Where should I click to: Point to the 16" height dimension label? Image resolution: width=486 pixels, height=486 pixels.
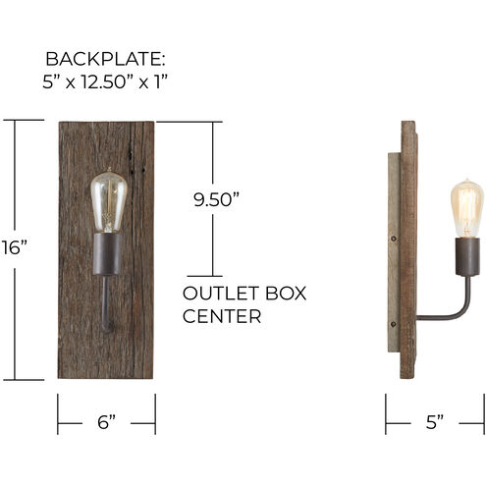14,247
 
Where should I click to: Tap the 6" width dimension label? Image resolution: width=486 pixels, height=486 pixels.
106,422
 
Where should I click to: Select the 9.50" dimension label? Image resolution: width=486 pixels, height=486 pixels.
216,199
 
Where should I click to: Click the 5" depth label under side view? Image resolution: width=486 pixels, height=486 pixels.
435,422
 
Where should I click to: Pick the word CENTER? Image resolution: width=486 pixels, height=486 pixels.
222,316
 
